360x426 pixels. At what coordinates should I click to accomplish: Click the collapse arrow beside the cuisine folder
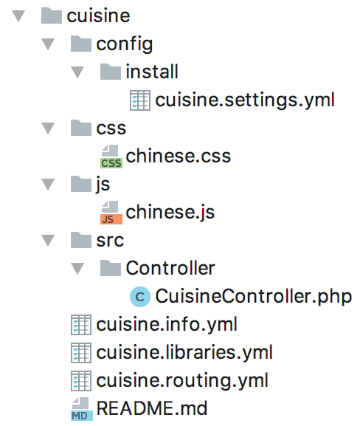click(18, 16)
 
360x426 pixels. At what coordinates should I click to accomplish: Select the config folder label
click(125, 44)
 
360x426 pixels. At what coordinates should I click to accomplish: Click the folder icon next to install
click(110, 72)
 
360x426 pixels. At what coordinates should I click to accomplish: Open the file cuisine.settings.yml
click(245, 100)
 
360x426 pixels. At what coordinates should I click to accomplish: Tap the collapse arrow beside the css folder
click(48, 128)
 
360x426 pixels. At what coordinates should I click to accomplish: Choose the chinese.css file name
click(178, 156)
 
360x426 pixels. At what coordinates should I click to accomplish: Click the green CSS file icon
click(111, 157)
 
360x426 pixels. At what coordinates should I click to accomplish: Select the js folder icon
click(81, 184)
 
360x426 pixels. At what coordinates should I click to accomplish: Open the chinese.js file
click(170, 212)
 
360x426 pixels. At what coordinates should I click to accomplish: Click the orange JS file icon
click(111, 213)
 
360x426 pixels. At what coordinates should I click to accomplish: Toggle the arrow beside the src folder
click(48, 240)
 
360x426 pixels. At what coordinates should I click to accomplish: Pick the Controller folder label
click(170, 268)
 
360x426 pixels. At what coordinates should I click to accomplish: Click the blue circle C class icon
click(140, 296)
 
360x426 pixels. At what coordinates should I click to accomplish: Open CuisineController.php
click(254, 296)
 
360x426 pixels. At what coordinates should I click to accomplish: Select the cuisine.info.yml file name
click(167, 324)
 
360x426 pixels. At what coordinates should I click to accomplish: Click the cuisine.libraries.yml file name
click(184, 352)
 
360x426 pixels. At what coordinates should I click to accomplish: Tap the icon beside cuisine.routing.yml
click(81, 381)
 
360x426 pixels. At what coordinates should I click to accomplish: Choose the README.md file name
click(152, 408)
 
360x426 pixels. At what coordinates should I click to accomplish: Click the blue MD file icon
click(81, 409)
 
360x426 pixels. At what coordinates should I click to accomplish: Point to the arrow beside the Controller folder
click(77, 268)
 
